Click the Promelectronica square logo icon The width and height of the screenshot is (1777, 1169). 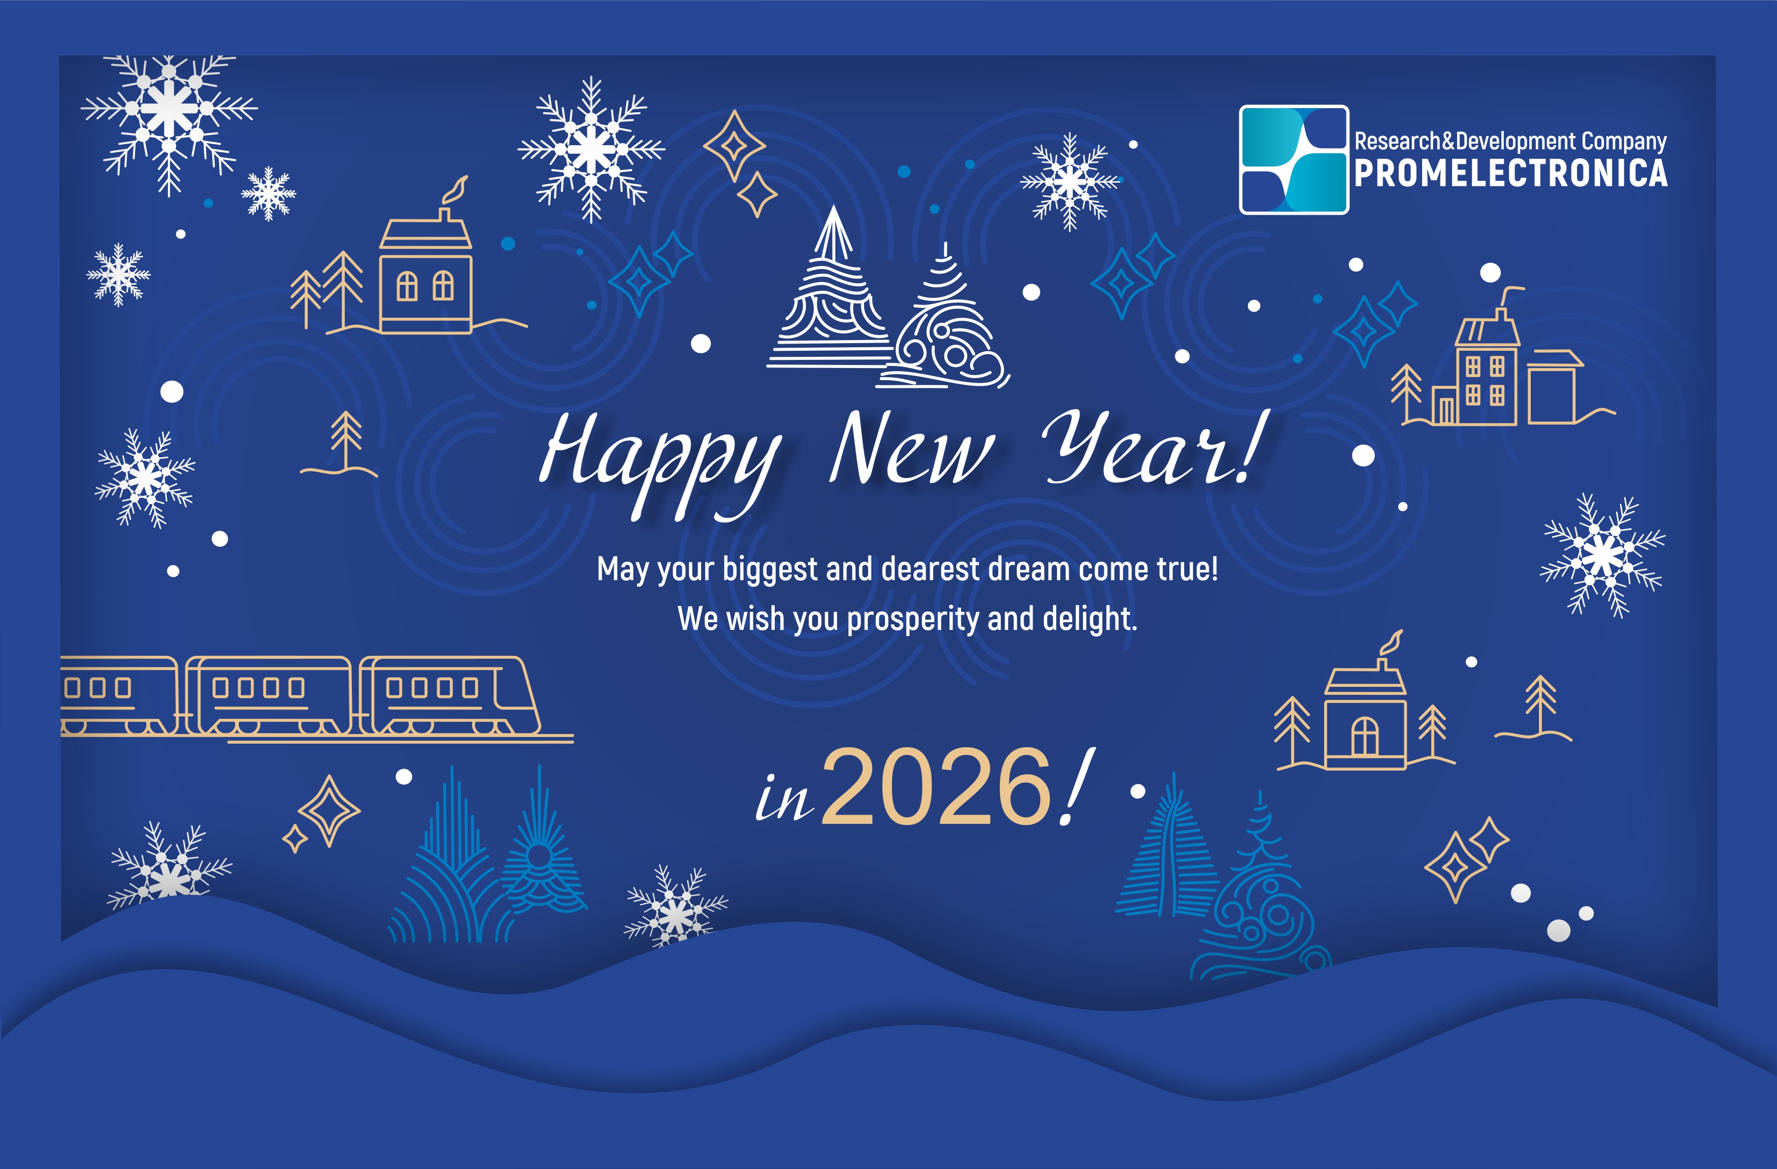(x=1294, y=160)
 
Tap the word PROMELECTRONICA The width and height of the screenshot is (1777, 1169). (x=1511, y=173)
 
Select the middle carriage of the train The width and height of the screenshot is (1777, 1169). (x=269, y=696)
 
